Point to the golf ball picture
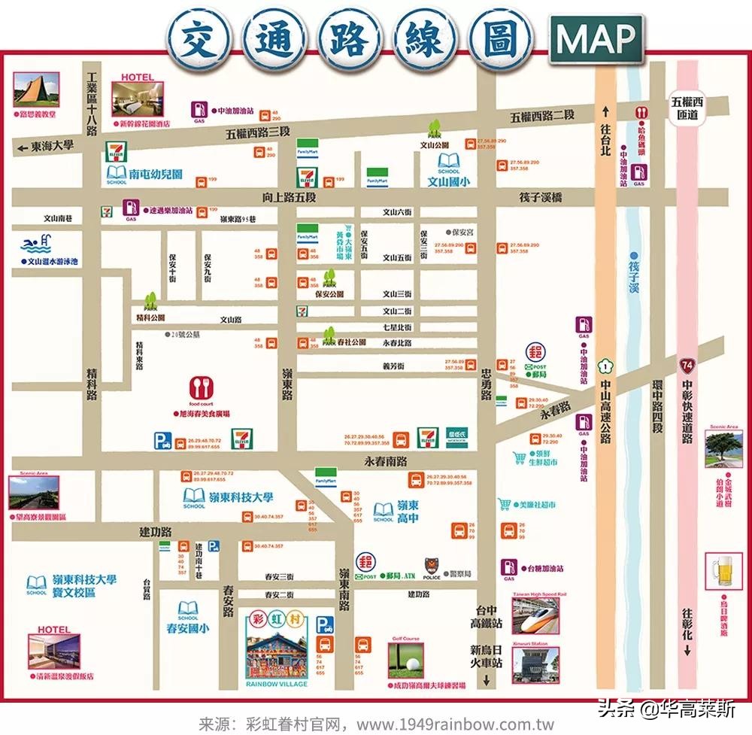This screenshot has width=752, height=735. coord(406,659)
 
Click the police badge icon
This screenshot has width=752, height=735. coord(432,563)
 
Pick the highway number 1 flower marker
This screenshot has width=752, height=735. coord(604,366)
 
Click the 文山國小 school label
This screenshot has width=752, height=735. coord(448,181)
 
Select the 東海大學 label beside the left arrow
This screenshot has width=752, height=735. coord(53,146)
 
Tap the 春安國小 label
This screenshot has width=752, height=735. coord(187,628)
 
